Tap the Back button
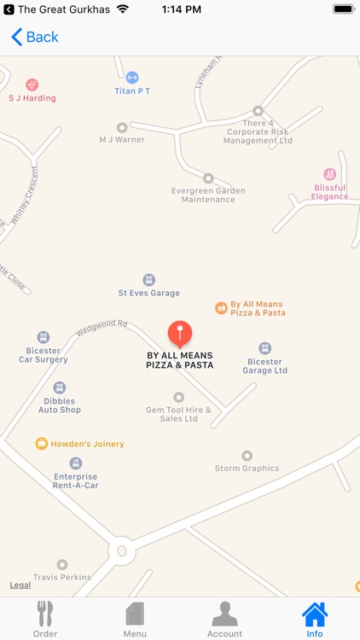tap(35, 37)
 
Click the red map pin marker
tap(179, 333)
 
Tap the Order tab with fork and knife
tap(45, 619)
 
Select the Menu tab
tap(135, 619)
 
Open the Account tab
tap(224, 619)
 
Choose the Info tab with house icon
tap(315, 619)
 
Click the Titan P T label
tap(132, 90)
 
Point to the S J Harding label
tap(32, 97)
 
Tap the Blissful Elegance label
tap(329, 191)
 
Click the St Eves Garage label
tap(148, 293)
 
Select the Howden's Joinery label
tap(87, 444)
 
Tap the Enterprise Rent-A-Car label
tap(76, 481)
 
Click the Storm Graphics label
tap(247, 468)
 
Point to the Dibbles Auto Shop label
tap(60, 404)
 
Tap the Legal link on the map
tap(20, 585)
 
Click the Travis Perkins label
tap(62, 577)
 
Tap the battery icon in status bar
tap(343, 9)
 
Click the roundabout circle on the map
tap(121, 550)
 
